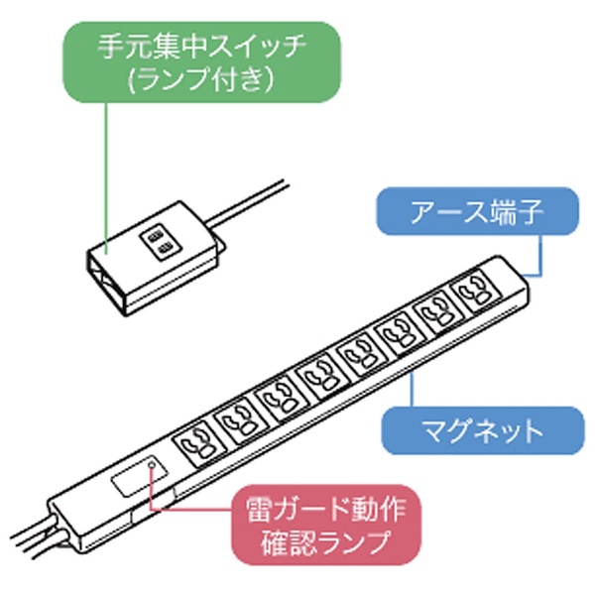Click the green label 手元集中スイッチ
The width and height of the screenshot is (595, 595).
(x=201, y=61)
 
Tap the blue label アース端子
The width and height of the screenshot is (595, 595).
(x=477, y=211)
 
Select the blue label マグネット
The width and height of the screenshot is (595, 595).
(x=483, y=430)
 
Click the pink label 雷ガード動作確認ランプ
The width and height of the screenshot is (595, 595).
(x=326, y=526)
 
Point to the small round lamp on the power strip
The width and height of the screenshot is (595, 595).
(x=152, y=464)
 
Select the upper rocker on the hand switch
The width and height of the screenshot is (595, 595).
(x=155, y=238)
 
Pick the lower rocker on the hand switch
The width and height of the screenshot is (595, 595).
(x=164, y=250)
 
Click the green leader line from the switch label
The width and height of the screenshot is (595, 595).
(x=106, y=178)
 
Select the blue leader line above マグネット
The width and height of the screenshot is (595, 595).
(x=412, y=390)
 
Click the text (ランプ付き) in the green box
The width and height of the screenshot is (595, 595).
(x=201, y=80)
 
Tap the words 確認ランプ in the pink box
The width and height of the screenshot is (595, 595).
(x=326, y=541)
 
